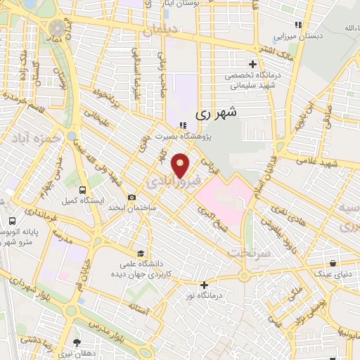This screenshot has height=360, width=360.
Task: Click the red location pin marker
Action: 181,165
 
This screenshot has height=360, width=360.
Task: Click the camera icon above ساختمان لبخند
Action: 131,198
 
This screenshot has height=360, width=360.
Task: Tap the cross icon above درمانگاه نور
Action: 204,285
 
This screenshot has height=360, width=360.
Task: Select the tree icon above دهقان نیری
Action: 77,343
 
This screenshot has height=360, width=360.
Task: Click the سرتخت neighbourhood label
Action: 246,252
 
